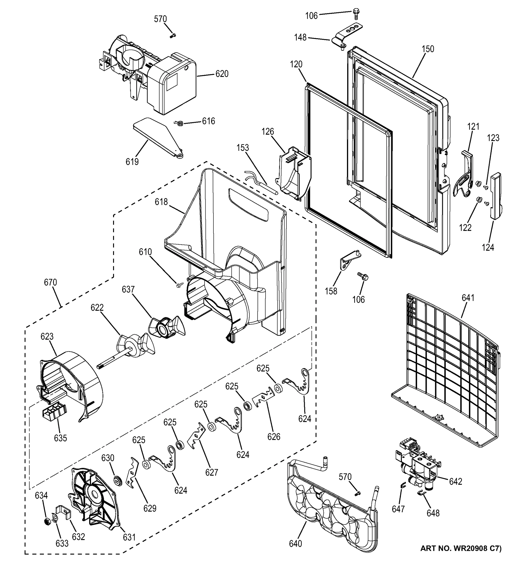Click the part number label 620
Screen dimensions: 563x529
pyautogui.click(x=222, y=74)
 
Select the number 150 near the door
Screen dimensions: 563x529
pyautogui.click(x=428, y=49)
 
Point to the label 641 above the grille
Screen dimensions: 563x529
pyautogui.click(x=468, y=298)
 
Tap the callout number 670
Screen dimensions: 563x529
pyautogui.click(x=50, y=282)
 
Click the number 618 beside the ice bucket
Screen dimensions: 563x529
pyautogui.click(x=161, y=202)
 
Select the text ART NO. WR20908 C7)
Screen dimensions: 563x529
pyautogui.click(x=461, y=556)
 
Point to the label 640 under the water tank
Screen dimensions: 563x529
pyautogui.click(x=295, y=544)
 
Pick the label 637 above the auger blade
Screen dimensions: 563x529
pyautogui.click(x=128, y=289)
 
